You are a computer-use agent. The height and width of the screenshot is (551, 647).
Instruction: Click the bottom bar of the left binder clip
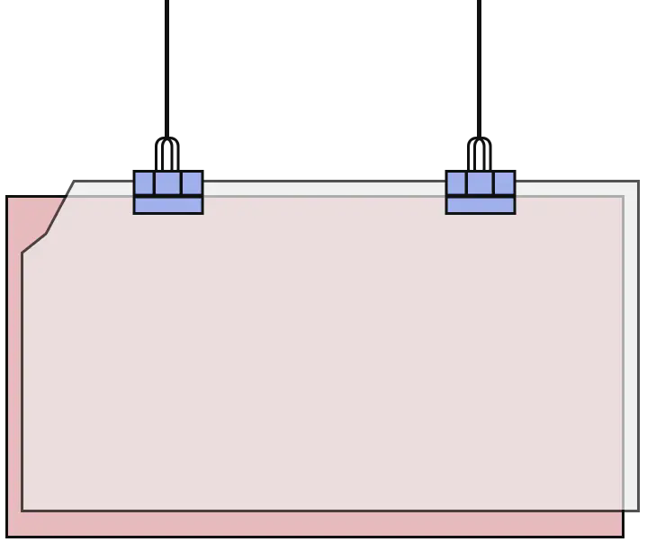coord(168,205)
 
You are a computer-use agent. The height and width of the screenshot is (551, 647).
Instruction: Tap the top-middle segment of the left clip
coord(168,183)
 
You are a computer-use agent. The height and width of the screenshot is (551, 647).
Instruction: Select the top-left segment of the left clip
coord(145,183)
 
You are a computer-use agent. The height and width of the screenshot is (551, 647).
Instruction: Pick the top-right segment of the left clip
coord(192,183)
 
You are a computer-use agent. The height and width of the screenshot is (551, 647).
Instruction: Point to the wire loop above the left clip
coord(167,151)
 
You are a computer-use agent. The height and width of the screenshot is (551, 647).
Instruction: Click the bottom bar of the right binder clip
coord(481,205)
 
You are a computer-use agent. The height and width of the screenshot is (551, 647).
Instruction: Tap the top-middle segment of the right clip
coord(481,183)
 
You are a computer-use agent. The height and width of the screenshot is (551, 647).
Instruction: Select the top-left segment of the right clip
coord(457,183)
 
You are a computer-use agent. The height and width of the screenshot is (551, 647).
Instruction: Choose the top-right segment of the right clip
coord(504,183)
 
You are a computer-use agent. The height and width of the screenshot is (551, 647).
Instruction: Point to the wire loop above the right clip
coord(480,151)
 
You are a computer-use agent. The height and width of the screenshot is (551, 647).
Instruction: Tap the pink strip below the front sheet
coord(315,523)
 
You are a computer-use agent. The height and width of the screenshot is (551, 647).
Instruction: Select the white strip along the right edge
coord(631,351)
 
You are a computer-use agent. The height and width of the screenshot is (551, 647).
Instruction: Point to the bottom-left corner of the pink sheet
coord(9,535)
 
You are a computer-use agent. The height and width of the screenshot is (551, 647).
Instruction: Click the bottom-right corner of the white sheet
coord(636,509)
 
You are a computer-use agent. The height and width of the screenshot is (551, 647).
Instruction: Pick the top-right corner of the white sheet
coord(636,183)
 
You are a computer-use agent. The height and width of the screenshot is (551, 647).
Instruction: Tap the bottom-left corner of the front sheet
coord(23,510)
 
